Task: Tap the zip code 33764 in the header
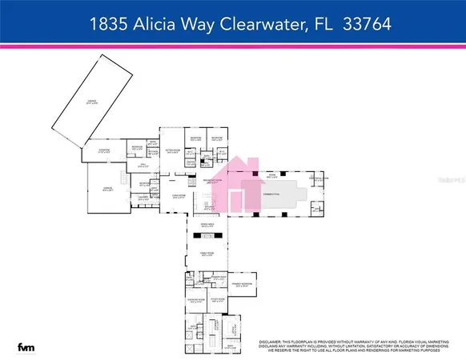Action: click(x=364, y=25)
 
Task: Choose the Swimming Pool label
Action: click(x=272, y=194)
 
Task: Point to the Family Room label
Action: click(x=207, y=254)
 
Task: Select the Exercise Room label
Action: click(x=196, y=301)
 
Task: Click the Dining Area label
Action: click(x=207, y=225)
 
